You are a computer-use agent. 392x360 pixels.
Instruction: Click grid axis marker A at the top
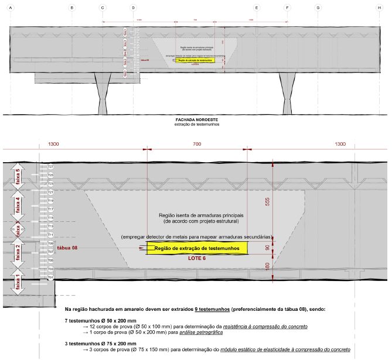(11, 8)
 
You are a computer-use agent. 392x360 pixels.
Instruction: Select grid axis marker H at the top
(379, 8)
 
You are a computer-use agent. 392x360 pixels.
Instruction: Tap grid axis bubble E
(257, 8)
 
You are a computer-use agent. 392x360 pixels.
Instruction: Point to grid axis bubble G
(318, 8)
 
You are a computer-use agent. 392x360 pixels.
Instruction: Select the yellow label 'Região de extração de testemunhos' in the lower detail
(197, 249)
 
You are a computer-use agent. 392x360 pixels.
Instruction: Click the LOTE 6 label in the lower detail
(197, 259)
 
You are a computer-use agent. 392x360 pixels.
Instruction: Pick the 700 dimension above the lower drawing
(196, 144)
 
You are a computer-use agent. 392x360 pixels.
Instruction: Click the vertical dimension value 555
(267, 200)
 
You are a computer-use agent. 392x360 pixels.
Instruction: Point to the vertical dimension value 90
(267, 248)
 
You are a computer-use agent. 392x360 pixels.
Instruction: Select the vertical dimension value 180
(267, 267)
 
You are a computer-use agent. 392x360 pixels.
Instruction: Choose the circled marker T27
(50, 167)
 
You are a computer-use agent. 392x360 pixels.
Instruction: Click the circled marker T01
(50, 277)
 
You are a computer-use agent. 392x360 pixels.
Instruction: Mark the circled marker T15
(50, 218)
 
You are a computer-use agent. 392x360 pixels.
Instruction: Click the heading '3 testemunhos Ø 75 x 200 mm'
(100, 344)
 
